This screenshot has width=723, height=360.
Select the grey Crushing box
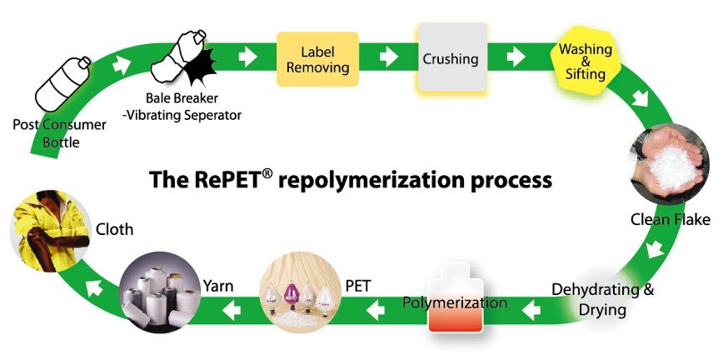pos(451,57)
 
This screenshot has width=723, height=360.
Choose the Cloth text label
pos(114,228)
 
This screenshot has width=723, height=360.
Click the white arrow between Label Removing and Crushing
pos(387,57)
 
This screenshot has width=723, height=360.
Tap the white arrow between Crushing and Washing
pos(517,57)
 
